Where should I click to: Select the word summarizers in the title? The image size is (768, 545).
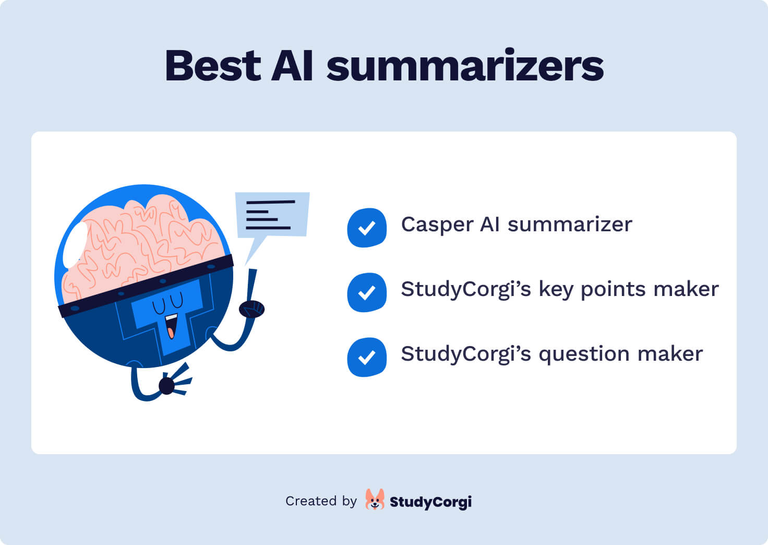(465, 67)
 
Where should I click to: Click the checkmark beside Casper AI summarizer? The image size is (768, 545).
(367, 228)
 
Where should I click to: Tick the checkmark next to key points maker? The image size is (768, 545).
(367, 292)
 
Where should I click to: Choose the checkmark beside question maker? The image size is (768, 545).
(367, 357)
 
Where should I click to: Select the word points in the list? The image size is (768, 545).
(606, 290)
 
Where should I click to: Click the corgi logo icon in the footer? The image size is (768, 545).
(375, 500)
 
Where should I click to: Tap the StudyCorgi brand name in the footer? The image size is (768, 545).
(430, 502)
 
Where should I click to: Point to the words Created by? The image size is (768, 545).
(321, 501)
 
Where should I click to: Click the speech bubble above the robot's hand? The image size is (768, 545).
(272, 215)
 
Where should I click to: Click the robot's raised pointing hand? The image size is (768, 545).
(252, 309)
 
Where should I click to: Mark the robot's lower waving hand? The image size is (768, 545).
(168, 386)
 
